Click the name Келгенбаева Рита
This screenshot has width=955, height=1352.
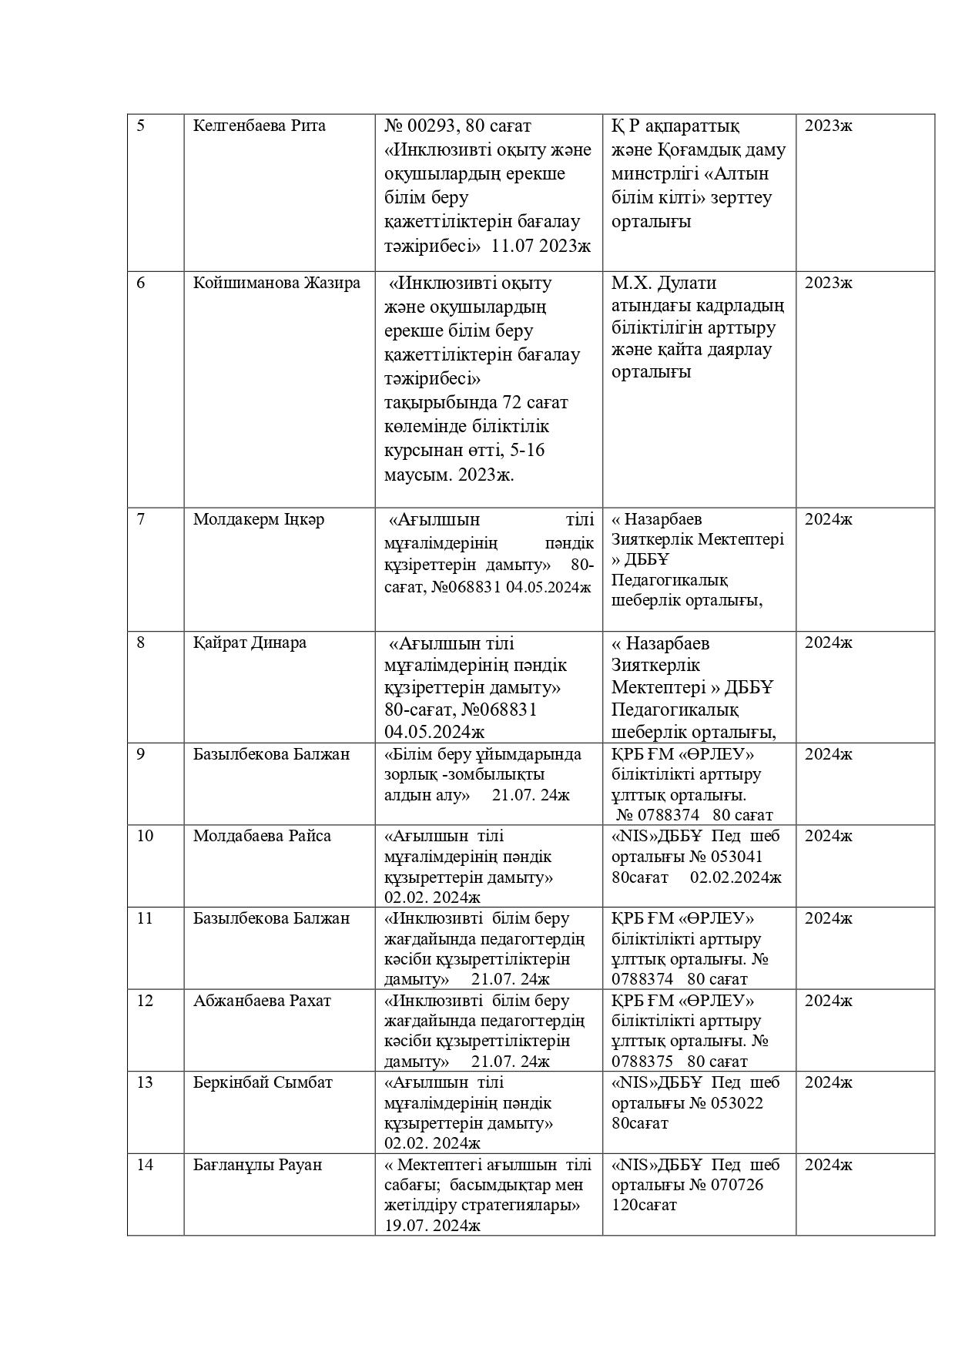259,126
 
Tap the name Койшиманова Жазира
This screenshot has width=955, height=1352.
276,283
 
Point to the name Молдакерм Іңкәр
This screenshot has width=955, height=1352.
259,519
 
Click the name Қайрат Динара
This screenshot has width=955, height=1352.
250,642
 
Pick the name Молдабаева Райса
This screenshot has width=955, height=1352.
262,836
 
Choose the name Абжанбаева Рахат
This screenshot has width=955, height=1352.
262,1001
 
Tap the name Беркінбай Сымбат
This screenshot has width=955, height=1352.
263,1082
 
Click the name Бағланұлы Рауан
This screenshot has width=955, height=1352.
257,1165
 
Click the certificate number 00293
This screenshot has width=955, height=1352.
431,126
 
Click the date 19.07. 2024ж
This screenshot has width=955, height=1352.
432,1226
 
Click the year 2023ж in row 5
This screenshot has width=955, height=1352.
829,126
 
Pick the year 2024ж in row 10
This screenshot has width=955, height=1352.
829,836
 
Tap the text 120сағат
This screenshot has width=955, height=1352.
644,1205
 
